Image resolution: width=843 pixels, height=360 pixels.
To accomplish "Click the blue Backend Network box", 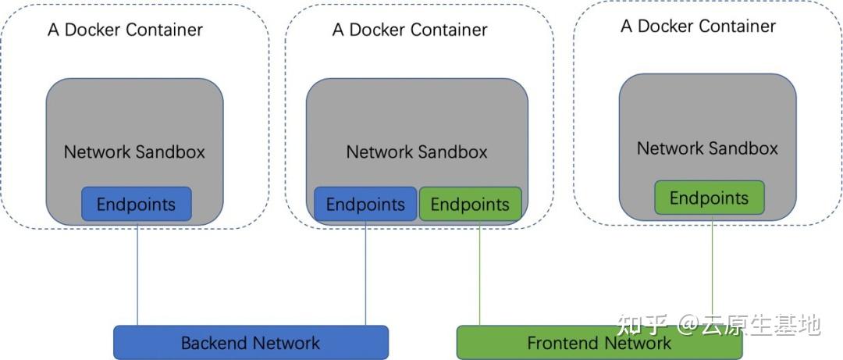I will click(x=251, y=342).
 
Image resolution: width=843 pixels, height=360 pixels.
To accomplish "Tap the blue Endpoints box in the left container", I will click(x=136, y=204).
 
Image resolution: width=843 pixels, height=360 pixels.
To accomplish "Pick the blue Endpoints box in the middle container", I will click(x=365, y=204).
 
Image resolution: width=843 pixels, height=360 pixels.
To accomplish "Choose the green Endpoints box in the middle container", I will click(x=470, y=204).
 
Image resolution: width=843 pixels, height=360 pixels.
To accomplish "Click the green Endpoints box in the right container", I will click(x=709, y=198).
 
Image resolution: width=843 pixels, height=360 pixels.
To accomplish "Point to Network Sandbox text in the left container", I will click(x=134, y=151).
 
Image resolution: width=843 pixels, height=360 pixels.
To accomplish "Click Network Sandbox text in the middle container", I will click(x=417, y=151).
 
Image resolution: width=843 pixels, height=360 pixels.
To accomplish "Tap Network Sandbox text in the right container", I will click(x=707, y=148).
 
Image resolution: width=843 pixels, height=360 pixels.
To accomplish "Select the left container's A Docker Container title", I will click(x=125, y=30).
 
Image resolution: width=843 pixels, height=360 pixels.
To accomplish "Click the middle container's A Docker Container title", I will click(x=410, y=30).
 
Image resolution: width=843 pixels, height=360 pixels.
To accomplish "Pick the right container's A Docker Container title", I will click(x=698, y=26).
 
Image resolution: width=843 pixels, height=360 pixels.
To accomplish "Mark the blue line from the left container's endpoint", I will click(x=137, y=273).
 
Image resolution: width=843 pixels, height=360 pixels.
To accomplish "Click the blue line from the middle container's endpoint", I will click(x=365, y=273).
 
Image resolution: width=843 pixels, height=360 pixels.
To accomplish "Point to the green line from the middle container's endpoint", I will click(x=479, y=273).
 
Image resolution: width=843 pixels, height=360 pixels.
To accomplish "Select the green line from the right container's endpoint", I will click(x=712, y=266).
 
